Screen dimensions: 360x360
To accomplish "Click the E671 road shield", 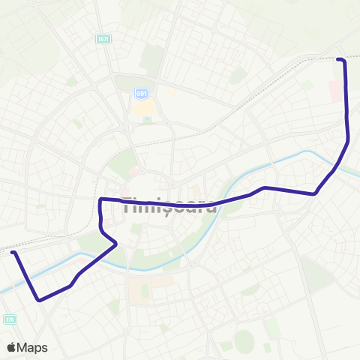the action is (103, 38).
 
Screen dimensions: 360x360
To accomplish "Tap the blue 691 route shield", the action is (142, 93).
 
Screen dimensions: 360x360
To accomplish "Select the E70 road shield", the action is (10, 319).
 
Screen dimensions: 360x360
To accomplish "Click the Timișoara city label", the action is (169, 205).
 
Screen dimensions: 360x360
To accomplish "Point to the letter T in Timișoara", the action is (127, 205).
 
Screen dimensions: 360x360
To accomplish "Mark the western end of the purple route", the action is (13, 253).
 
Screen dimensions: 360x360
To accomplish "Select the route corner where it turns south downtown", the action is (101, 199).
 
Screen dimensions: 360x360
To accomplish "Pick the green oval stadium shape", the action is (244, 341).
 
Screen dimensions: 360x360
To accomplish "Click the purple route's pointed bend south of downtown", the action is (116, 244).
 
